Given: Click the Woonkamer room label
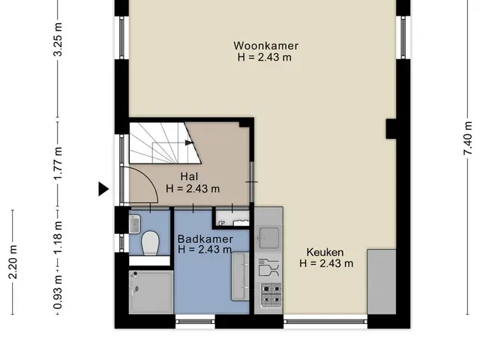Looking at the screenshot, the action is click(265, 46).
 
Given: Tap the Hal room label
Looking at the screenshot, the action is click(189, 176).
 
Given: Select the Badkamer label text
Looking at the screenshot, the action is click(205, 238).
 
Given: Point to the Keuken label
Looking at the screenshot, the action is click(325, 252).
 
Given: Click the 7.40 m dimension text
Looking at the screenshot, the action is click(467, 138).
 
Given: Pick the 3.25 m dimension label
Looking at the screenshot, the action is click(58, 39).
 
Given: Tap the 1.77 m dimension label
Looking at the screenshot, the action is click(58, 163).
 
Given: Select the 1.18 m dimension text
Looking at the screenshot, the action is click(58, 237).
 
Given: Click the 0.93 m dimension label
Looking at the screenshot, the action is click(58, 292).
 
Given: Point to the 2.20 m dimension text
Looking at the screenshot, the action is click(13, 262).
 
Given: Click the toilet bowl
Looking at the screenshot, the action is click(150, 242).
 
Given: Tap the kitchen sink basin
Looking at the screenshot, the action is click(268, 238).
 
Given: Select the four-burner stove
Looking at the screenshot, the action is click(271, 295).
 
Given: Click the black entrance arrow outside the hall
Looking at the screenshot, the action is click(103, 188).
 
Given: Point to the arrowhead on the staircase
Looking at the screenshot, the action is click(190, 142).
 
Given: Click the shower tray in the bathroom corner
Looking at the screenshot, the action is click(151, 292).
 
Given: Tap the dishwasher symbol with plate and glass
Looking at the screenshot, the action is click(268, 267).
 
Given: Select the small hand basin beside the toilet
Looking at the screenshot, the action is click(135, 223).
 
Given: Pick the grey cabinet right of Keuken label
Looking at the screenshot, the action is click(382, 282).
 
